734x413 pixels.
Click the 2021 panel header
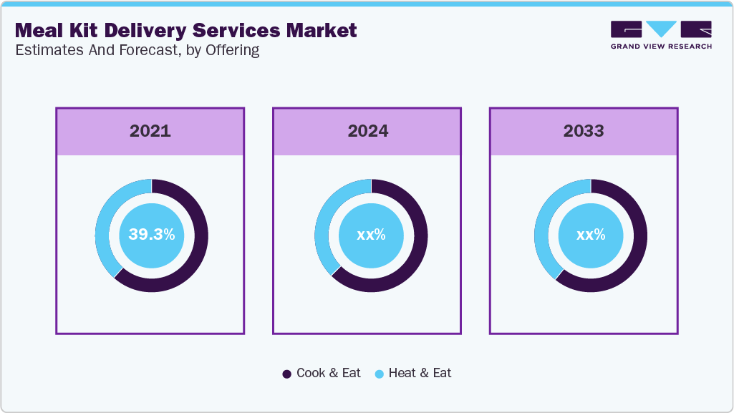click(150, 131)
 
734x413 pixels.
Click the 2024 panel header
click(367, 131)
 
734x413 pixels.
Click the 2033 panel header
click(584, 131)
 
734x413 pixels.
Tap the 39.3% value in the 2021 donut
click(152, 234)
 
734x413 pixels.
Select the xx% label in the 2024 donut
click(371, 234)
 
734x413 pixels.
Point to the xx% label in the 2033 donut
click(591, 234)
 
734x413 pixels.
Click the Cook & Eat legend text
click(329, 373)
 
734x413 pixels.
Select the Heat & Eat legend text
click(420, 373)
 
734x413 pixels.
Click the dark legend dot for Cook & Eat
click(287, 374)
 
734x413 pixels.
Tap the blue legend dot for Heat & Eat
click(380, 374)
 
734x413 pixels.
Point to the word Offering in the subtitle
click(233, 51)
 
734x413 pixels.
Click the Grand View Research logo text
click(661, 47)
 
